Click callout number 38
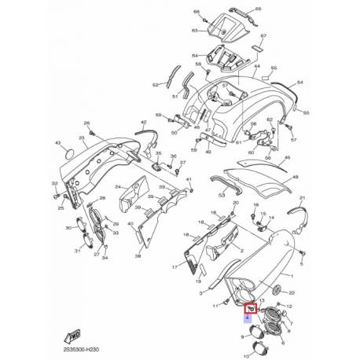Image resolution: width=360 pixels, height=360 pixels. point(138,256)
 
